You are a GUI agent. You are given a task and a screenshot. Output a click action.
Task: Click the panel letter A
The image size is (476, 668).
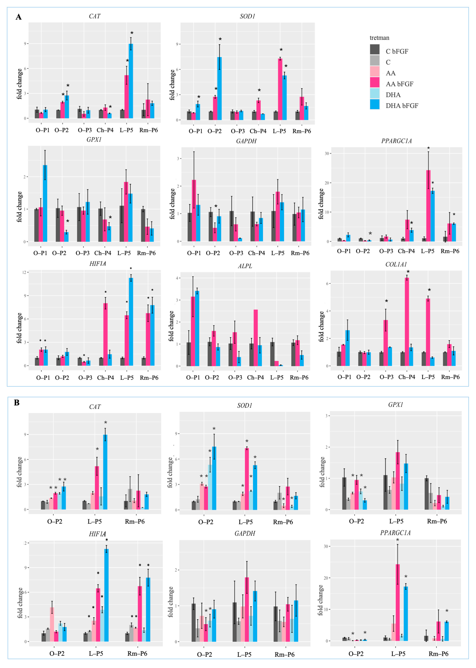tap(18, 17)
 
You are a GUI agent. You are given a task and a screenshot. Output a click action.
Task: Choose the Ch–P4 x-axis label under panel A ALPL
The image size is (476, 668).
tap(255, 378)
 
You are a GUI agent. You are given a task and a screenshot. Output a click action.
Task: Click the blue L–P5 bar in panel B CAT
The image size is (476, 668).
tap(105, 472)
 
